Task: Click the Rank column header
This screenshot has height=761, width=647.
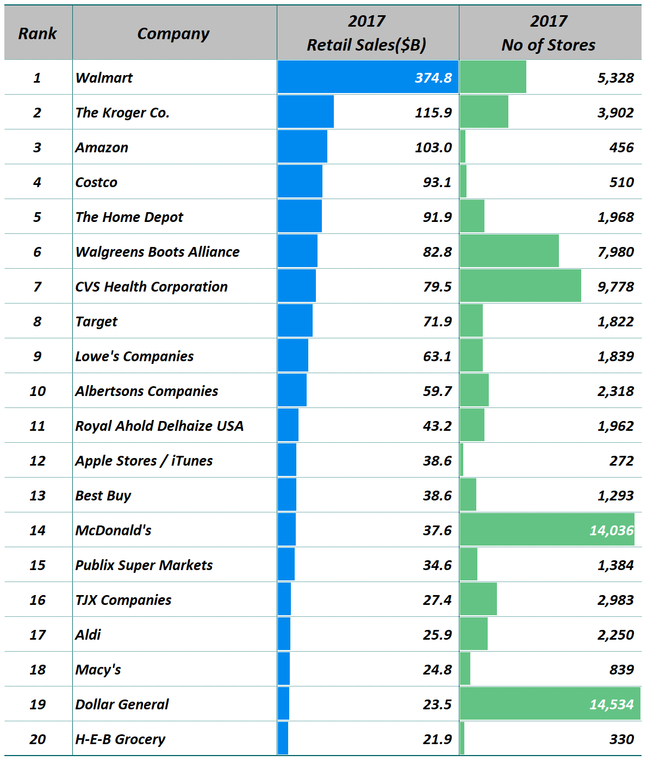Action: [x=37, y=34]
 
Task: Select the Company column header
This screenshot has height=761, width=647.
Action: [x=173, y=34]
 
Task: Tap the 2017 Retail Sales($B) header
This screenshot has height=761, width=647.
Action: [x=366, y=33]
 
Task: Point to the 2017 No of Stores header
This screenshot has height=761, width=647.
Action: [x=548, y=33]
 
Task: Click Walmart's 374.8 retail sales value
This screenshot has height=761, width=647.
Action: [x=433, y=78]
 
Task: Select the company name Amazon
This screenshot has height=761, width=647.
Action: [x=102, y=147]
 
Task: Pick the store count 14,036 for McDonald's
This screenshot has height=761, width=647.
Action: [x=611, y=530]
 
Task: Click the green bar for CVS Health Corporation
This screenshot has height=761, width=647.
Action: [x=520, y=286]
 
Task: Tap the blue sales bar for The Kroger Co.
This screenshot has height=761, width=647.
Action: [x=306, y=112]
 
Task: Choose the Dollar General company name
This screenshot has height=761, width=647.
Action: [x=122, y=704]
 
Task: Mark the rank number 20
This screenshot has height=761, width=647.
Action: [x=38, y=739]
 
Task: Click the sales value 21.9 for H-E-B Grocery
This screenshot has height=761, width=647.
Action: [x=437, y=739]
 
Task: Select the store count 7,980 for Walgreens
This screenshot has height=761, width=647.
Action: [x=615, y=252]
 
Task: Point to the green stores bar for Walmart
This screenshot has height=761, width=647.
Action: [x=493, y=77]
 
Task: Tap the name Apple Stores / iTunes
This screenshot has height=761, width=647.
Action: [x=144, y=461]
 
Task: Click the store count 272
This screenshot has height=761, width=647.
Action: [x=621, y=461]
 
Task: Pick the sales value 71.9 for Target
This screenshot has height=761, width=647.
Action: [x=437, y=321]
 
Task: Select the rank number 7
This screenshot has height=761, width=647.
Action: [x=37, y=287]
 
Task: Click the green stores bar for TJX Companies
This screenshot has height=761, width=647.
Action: [x=478, y=599]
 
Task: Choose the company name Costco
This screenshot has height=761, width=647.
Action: [x=96, y=182]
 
